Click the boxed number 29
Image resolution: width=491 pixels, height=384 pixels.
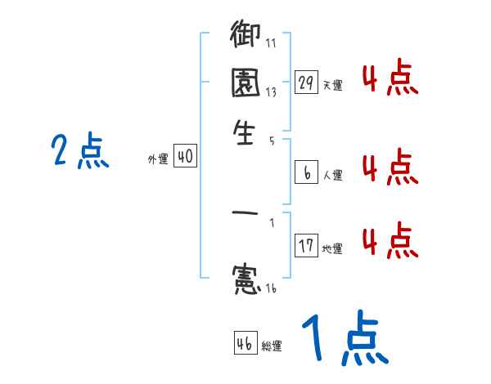coord(306,83)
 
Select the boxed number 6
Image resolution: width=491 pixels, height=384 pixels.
coord(306,172)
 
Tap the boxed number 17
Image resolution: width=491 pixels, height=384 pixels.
coord(306,246)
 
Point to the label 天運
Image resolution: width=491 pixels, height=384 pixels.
coord(332,85)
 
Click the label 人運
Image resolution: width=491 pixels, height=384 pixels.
coord(332,175)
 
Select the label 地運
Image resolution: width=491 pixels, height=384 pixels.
coord(332,248)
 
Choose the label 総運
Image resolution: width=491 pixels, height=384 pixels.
coord(272,346)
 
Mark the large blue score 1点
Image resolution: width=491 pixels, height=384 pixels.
coord(344,340)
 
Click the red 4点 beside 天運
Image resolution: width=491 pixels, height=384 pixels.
coord(390,78)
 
